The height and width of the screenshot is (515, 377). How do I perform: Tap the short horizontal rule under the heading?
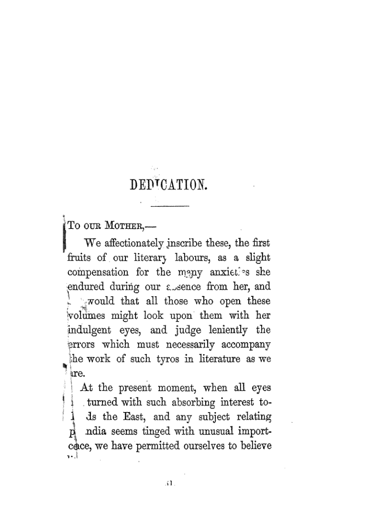tap(170, 206)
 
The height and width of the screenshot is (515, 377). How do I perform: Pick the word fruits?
tap(80, 258)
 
